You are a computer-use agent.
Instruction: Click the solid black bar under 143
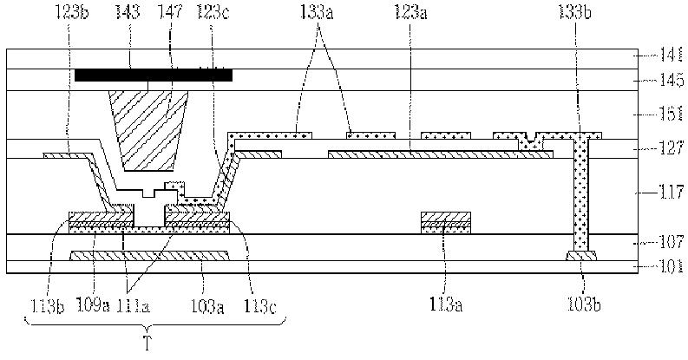pos(154,75)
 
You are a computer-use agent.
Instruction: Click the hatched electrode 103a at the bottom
pos(149,256)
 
